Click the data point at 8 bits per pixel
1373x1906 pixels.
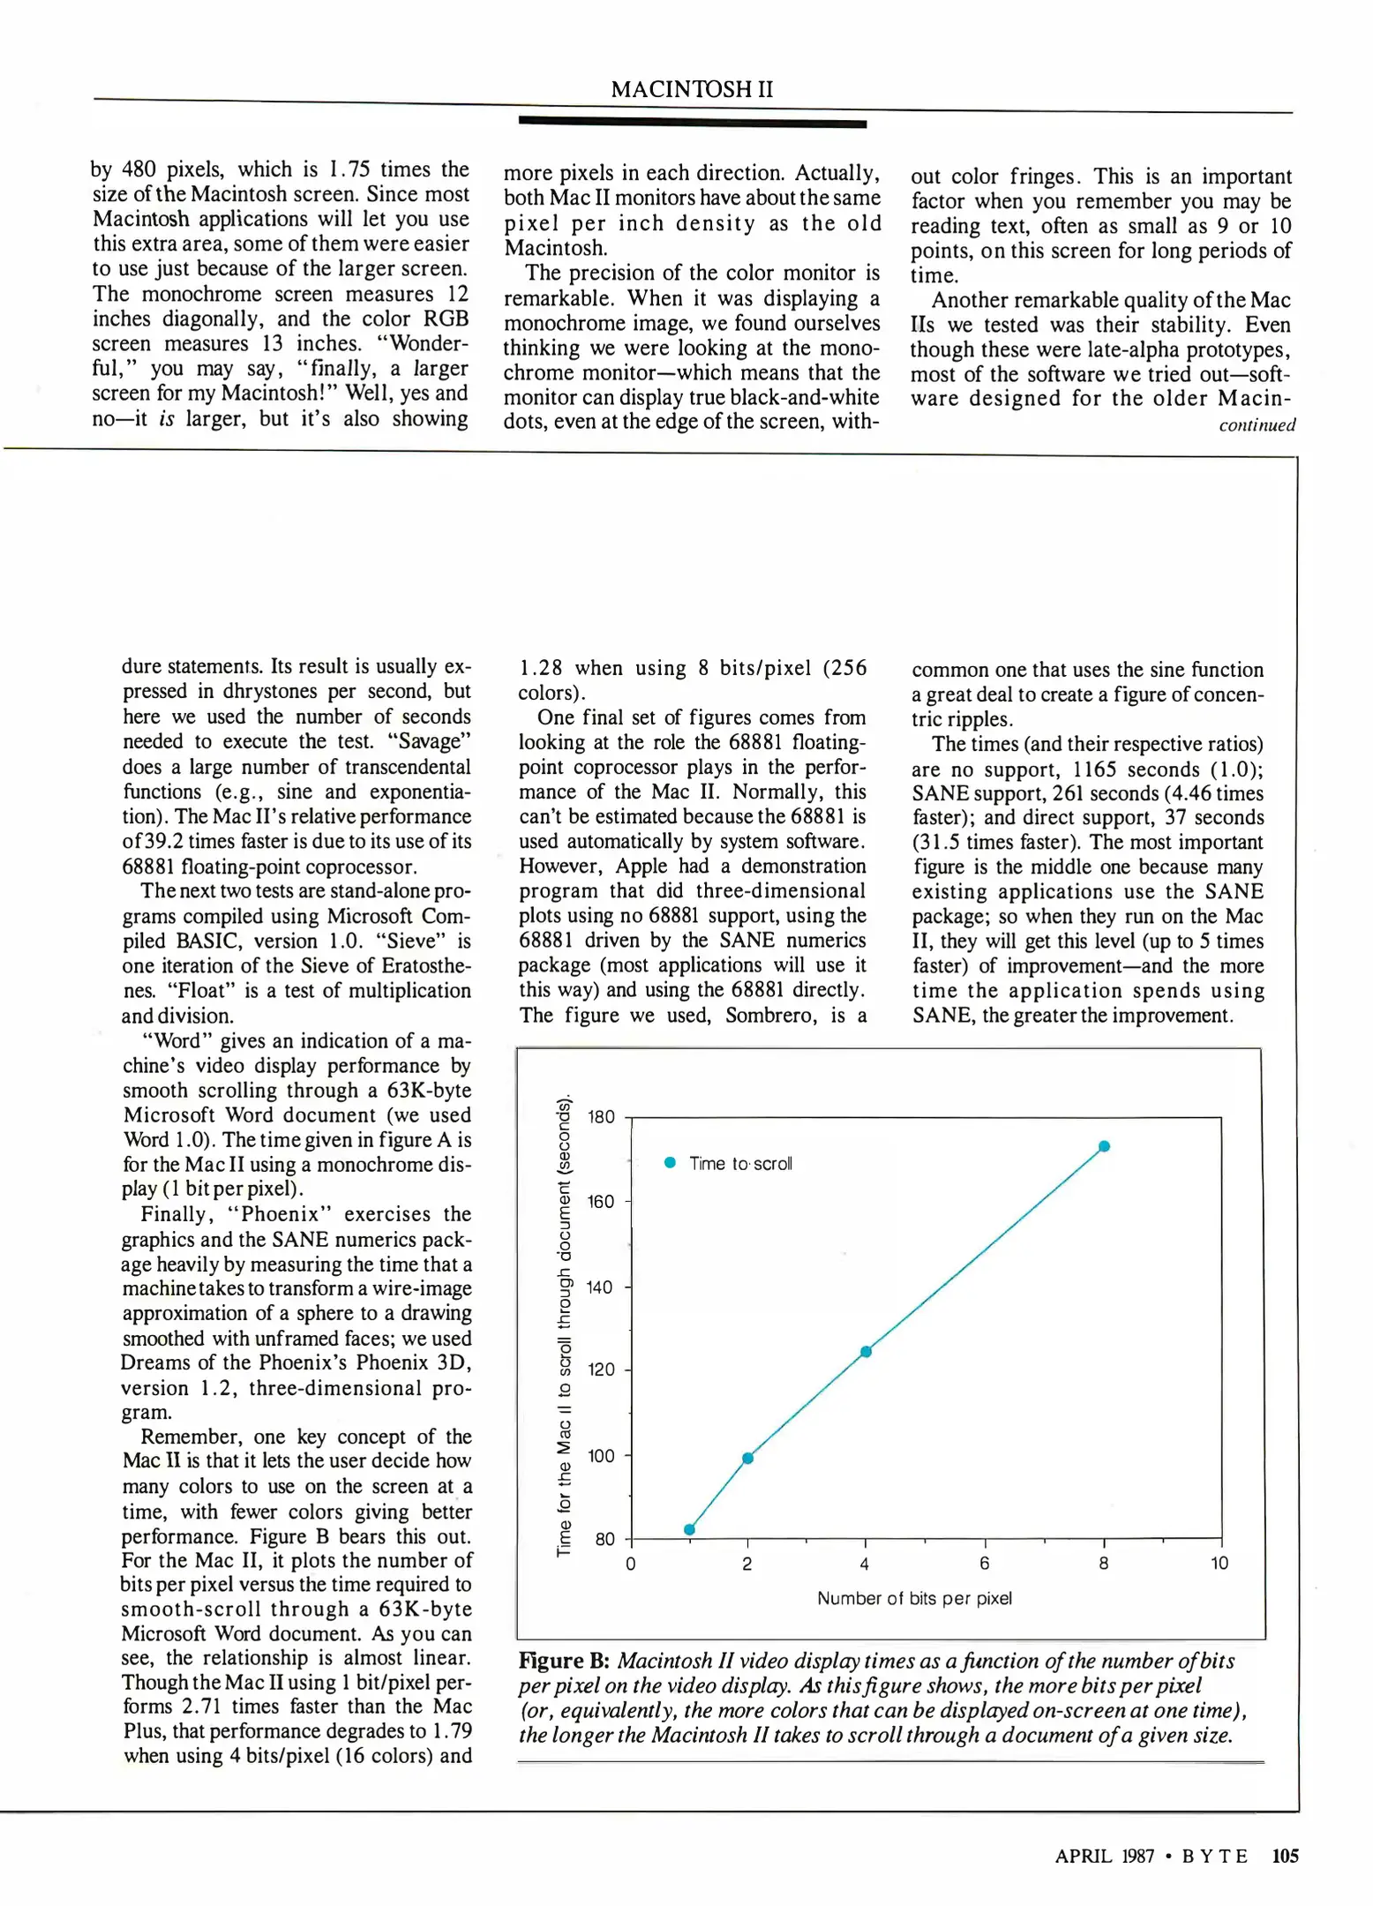tap(1104, 1146)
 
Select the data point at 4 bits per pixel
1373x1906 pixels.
tap(866, 1352)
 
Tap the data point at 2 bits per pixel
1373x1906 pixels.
tap(747, 1458)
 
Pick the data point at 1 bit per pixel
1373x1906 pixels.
tap(689, 1529)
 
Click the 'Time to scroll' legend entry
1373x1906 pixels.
tap(730, 1163)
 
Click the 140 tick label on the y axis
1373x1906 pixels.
tap(599, 1287)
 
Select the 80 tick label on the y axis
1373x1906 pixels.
tap(604, 1539)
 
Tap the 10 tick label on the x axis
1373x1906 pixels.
tap(1219, 1564)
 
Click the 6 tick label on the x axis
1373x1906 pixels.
tap(984, 1564)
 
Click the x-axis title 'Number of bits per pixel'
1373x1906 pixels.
tap(914, 1598)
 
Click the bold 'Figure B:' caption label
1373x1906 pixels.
tap(564, 1661)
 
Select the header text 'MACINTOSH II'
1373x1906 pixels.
tap(691, 89)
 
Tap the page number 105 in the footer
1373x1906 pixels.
tap(1285, 1856)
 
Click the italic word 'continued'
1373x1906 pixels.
tap(1257, 425)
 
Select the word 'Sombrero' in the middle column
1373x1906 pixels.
tap(764, 1015)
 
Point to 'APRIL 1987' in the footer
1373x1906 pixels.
tap(1104, 1856)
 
